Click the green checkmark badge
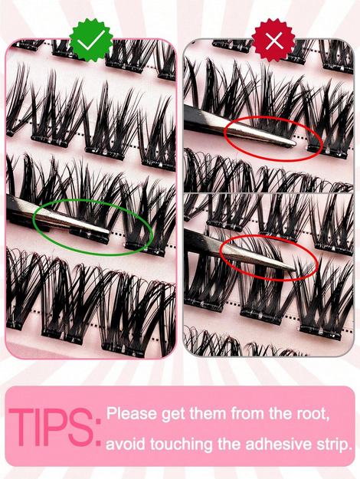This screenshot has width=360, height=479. click(x=91, y=41)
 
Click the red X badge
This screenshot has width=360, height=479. click(x=273, y=41)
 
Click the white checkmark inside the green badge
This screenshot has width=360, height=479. click(x=91, y=41)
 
